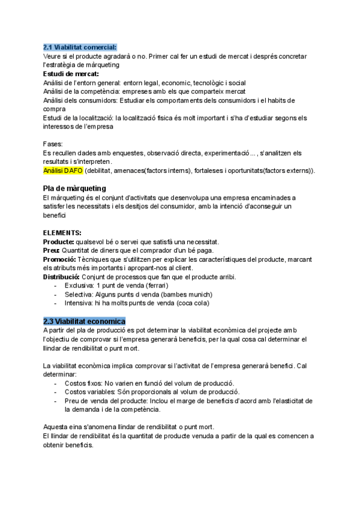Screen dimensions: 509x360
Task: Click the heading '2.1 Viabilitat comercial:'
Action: pos(80,47)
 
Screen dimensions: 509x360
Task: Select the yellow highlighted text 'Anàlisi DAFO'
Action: pos(63,171)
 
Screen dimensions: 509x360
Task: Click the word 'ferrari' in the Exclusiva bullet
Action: pos(148,286)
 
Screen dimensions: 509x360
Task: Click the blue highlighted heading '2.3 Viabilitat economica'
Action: pos(84,321)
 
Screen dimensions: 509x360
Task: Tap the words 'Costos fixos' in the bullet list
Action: pos(82,383)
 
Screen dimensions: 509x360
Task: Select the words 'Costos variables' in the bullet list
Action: pos(88,392)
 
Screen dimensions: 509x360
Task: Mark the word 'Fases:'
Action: pos(53,145)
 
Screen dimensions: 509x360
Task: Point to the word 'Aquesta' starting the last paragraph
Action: pos(55,427)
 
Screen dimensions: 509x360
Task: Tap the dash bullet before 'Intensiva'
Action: pos(56,304)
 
